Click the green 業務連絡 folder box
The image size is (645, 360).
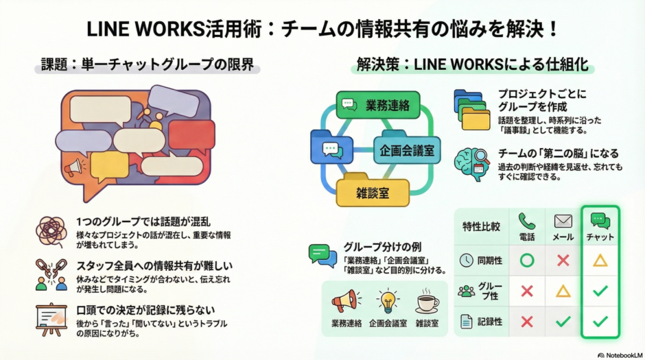click(377, 105)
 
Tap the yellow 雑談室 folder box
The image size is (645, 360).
click(372, 192)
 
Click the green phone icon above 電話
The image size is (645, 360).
click(526, 221)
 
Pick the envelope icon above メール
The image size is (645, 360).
click(563, 221)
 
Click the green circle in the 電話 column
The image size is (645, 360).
click(526, 261)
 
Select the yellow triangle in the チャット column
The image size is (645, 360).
click(600, 261)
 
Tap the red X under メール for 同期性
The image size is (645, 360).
click(563, 261)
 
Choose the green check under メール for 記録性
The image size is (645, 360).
click(563, 321)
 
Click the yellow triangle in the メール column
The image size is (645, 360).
click(563, 291)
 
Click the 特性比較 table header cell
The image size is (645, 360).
click(482, 227)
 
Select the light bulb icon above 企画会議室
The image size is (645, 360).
click(388, 301)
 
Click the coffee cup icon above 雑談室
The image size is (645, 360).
click(427, 302)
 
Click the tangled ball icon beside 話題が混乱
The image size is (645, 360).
click(51, 230)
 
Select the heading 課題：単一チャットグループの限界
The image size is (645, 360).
click(147, 66)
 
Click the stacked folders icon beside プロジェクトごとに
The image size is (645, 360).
click(471, 109)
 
